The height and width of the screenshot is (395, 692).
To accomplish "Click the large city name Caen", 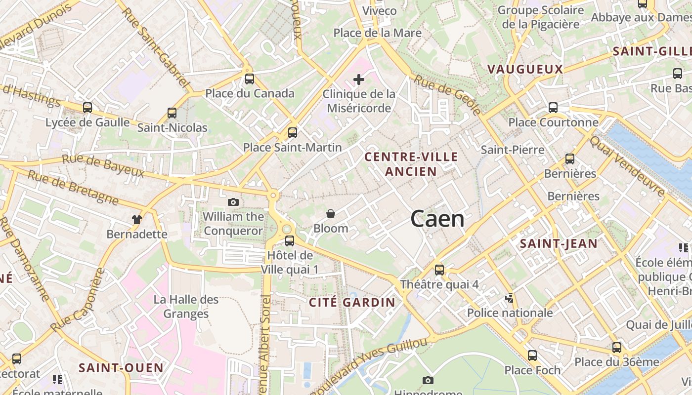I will pyautogui.click(x=437, y=219).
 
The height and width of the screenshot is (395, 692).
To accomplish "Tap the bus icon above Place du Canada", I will pyautogui.click(x=250, y=79).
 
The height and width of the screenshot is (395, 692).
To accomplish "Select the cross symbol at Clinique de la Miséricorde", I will pyautogui.click(x=359, y=79).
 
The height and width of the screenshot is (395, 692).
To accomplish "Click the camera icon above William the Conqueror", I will pyautogui.click(x=233, y=202).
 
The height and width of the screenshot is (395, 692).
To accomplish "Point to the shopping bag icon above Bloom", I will pyautogui.click(x=331, y=214).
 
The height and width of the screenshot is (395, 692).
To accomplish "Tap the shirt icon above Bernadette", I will pyautogui.click(x=137, y=219).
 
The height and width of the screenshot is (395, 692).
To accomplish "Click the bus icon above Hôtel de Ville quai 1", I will pyautogui.click(x=290, y=241).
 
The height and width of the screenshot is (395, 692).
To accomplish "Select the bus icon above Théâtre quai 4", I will pyautogui.click(x=439, y=270).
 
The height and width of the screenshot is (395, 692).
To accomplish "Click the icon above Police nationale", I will pyautogui.click(x=510, y=298).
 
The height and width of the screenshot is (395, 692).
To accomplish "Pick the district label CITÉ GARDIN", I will pyautogui.click(x=352, y=303).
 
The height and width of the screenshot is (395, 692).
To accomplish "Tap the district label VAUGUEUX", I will pyautogui.click(x=525, y=69).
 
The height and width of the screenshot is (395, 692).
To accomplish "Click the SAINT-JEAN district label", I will pyautogui.click(x=559, y=243).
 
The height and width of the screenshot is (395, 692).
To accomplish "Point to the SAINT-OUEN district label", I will pyautogui.click(x=121, y=368).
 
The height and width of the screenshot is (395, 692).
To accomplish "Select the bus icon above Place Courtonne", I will pyautogui.click(x=553, y=108).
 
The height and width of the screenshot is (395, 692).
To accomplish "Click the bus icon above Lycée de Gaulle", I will pyautogui.click(x=87, y=108).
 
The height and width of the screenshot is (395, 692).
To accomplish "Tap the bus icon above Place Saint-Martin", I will pyautogui.click(x=293, y=133).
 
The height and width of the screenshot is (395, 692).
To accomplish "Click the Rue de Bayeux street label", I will pyautogui.click(x=103, y=166).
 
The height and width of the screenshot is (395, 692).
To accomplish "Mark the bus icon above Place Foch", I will pyautogui.click(x=532, y=355).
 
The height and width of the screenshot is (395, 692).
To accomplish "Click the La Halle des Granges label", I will pyautogui.click(x=186, y=307).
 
